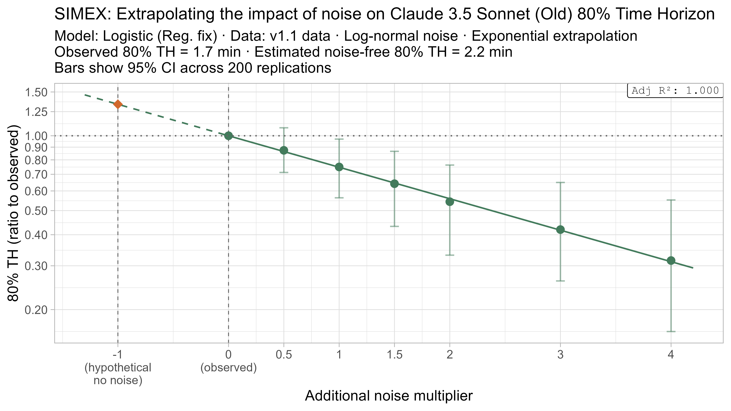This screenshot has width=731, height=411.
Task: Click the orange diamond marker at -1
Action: (x=118, y=104)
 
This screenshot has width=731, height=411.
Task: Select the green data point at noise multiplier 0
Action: (x=228, y=136)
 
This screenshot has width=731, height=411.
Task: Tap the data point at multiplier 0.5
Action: (x=284, y=150)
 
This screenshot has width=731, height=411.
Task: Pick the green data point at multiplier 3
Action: (x=560, y=230)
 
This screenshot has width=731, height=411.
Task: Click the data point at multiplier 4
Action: (x=671, y=260)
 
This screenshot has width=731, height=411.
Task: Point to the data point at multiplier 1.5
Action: (x=394, y=184)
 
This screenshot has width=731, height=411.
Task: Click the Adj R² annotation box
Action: (x=675, y=91)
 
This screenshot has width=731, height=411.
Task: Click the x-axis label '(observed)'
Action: (x=228, y=368)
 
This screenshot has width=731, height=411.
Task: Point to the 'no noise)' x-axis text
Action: (x=118, y=380)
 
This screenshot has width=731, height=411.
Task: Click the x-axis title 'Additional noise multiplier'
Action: (x=389, y=396)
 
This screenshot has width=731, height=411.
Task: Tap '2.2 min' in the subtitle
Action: (x=488, y=52)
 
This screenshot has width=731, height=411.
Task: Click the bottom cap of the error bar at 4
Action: (x=671, y=331)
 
